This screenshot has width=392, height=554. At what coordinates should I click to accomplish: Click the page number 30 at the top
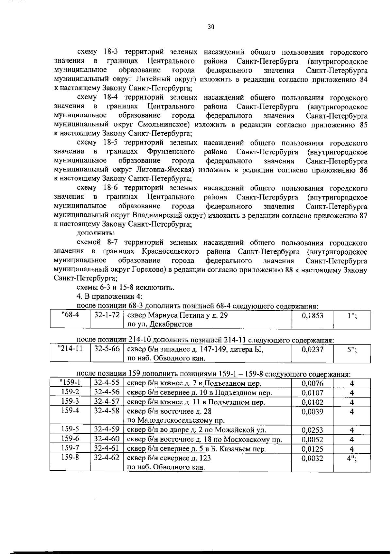pyautogui.click(x=211, y=27)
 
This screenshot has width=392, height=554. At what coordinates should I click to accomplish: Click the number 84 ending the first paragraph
pyautogui.click(x=363, y=80)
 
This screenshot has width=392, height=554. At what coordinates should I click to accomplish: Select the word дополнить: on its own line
pyautogui.click(x=91, y=233)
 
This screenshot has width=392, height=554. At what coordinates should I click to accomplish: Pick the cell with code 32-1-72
pyautogui.click(x=107, y=315)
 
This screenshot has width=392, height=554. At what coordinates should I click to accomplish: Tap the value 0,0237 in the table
pyautogui.click(x=312, y=349)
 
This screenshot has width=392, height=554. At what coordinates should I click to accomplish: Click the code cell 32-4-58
pyautogui.click(x=107, y=411)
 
